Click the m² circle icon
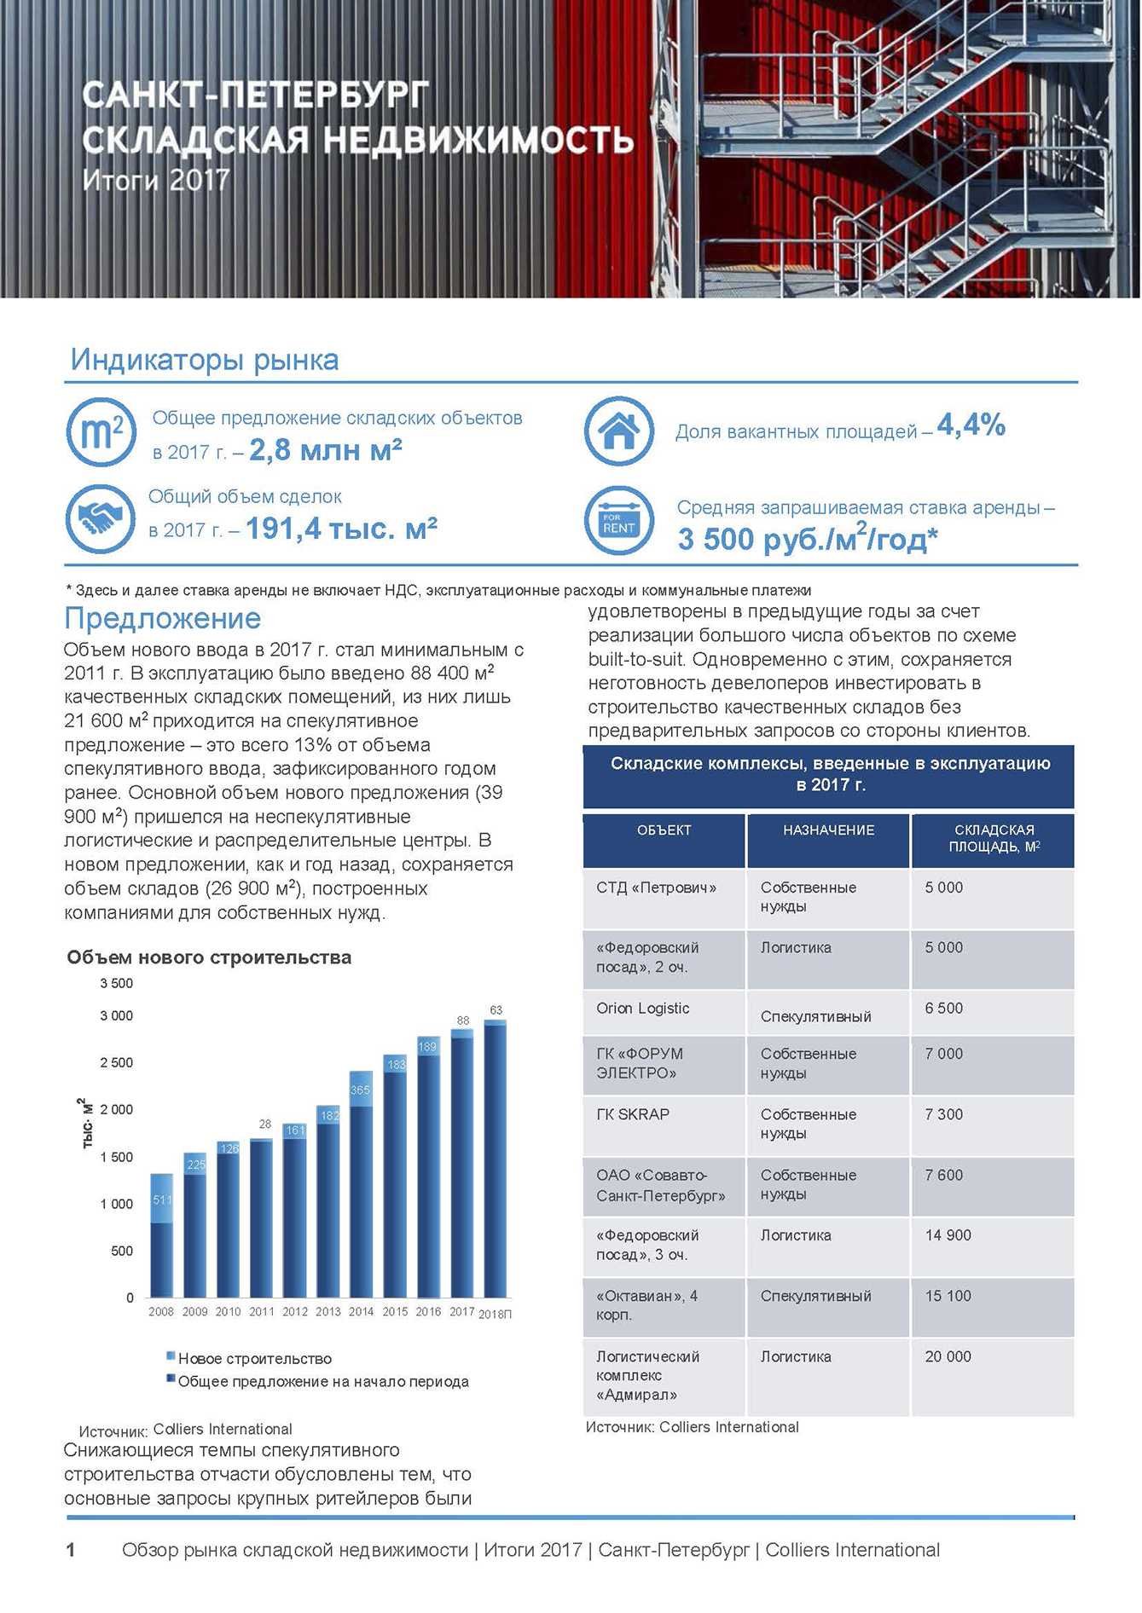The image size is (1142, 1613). click(x=101, y=432)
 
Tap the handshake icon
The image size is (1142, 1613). click(x=101, y=517)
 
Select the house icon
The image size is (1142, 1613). click(x=619, y=431)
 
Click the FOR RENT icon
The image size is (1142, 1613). click(x=619, y=520)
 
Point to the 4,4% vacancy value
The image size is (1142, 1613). click(x=971, y=425)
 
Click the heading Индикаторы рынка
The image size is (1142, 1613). click(x=205, y=360)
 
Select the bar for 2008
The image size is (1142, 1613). click(x=162, y=1236)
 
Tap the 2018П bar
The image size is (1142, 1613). click(x=496, y=1159)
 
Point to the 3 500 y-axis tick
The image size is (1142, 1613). click(x=117, y=984)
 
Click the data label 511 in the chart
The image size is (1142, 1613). click(x=162, y=1200)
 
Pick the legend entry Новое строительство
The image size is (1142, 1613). click(x=254, y=1359)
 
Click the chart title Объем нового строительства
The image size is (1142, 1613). click(x=209, y=957)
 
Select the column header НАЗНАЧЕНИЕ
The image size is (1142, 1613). click(x=828, y=830)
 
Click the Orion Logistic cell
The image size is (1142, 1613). click(x=643, y=1009)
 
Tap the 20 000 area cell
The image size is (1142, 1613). click(x=948, y=1356)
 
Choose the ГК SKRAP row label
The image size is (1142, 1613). click(x=633, y=1114)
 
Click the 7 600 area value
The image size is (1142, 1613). click(x=943, y=1175)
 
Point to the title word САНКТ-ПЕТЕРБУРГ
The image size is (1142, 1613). click(x=256, y=96)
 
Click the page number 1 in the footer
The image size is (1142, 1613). click(x=71, y=1550)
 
